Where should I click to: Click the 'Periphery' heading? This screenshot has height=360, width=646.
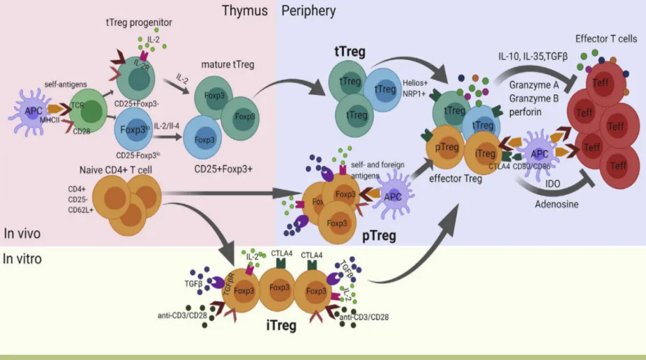308,10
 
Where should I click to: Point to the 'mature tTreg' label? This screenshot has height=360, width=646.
227,66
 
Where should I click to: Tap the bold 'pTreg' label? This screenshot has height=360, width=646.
379,236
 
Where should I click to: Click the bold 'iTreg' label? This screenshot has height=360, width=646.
280,326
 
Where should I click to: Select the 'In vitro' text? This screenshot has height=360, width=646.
22,260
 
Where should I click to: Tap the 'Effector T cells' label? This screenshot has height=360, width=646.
606,39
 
